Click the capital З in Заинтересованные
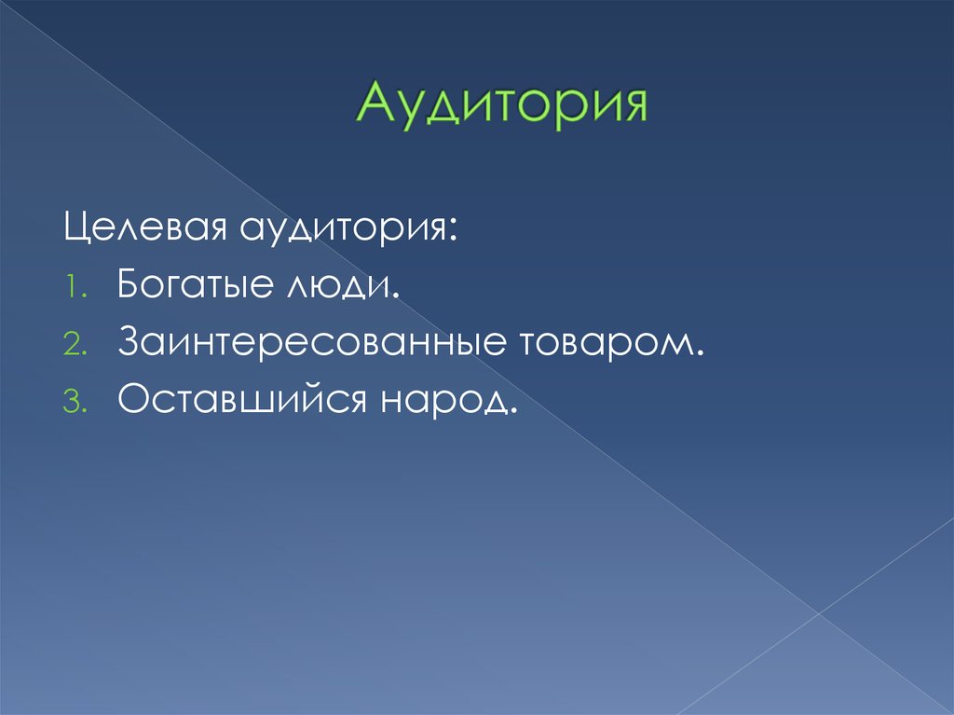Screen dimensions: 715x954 (129, 343)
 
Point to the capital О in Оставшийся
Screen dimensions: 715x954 (133, 400)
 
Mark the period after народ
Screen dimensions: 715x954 (511, 411)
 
